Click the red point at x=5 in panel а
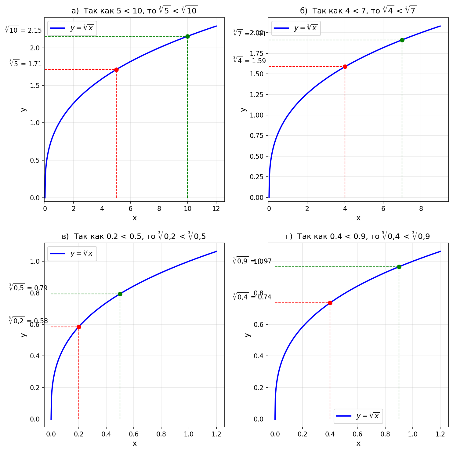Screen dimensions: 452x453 tap(116, 70)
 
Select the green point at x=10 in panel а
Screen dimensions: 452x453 tap(187, 36)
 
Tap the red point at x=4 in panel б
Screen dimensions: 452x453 tap(345, 67)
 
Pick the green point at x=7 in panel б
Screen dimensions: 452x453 tap(402, 40)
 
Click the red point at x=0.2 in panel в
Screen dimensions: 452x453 tap(79, 327)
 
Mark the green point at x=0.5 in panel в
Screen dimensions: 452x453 tap(120, 294)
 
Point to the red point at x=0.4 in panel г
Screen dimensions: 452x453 tap(330, 303)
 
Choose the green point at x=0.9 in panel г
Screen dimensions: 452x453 tap(399, 267)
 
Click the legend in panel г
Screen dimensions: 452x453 tap(358, 416)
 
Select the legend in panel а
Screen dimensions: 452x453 tap(72, 28)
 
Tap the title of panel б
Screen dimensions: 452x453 tap(358, 11)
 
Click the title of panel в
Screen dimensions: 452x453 tap(134, 236)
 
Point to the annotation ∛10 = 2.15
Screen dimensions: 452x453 tap(23, 30)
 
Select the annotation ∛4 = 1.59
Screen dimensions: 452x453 tap(249, 60)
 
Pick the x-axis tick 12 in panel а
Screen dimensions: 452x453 tap(216, 208)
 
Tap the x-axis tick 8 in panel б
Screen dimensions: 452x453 tap(421, 208)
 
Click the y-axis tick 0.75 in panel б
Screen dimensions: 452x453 tap(256, 136)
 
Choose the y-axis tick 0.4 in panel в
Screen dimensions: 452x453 tap(35, 356)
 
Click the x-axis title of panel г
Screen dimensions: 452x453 tap(358, 443)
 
